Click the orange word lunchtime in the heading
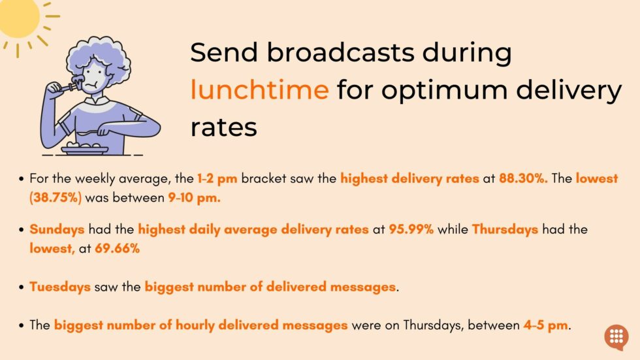[260, 89]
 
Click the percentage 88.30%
[523, 178]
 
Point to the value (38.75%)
[56, 197]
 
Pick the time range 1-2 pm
[217, 179]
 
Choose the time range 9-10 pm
[195, 198]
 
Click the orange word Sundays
[57, 230]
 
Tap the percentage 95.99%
[411, 229]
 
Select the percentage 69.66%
[117, 248]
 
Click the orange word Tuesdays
[60, 287]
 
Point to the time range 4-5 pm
[546, 325]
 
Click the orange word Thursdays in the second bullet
[505, 230]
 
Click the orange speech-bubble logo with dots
[616, 337]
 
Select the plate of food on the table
[84, 148]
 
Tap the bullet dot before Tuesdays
[21, 287]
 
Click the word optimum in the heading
[445, 91]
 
